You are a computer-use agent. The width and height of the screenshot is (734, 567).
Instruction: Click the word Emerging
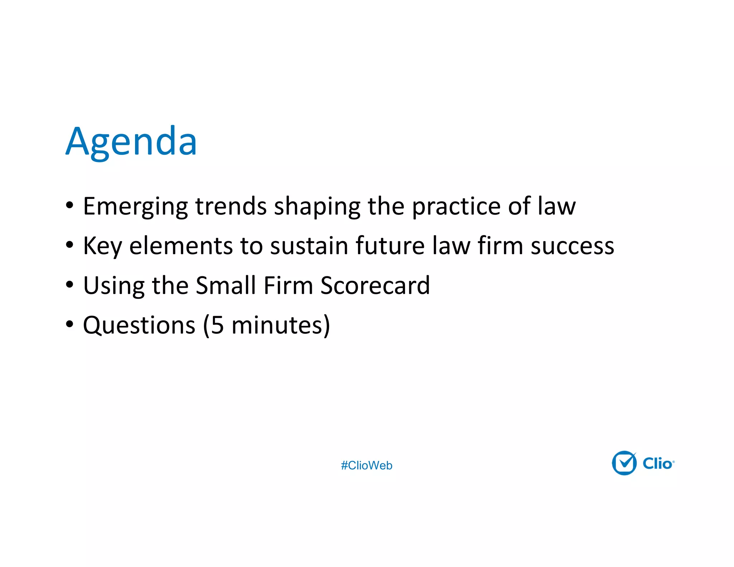(135, 207)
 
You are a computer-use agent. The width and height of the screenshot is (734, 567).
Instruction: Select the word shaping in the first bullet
(317, 207)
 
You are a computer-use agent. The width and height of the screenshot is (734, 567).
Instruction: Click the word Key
(102, 247)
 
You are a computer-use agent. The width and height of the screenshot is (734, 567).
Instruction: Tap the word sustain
(309, 246)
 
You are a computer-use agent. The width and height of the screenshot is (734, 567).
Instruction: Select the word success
(572, 247)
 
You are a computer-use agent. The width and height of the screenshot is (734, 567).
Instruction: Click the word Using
(114, 286)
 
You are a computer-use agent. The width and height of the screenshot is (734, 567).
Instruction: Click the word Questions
(139, 325)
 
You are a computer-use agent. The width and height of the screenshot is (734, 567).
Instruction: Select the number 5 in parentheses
(217, 325)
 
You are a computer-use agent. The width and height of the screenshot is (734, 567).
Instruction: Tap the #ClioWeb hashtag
(366, 465)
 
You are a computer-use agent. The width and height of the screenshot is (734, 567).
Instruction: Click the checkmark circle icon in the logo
(624, 463)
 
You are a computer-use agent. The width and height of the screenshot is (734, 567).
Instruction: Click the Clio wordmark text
(658, 463)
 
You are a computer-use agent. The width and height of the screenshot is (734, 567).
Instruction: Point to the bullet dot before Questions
(70, 324)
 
